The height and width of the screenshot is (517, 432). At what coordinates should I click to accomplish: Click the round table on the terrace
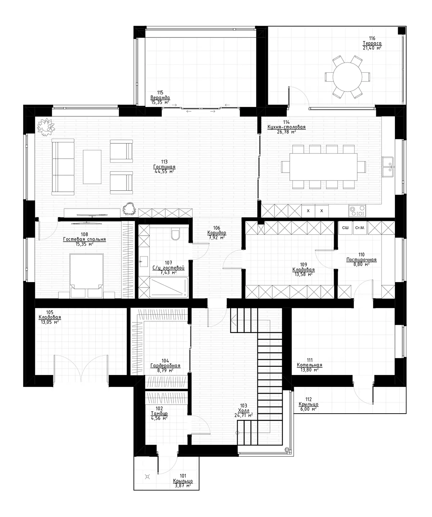pyautogui.click(x=347, y=76)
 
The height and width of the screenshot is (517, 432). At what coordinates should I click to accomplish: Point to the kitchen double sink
pyautogui.click(x=387, y=166)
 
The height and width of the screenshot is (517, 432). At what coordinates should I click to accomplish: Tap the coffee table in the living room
pyautogui.click(x=92, y=166)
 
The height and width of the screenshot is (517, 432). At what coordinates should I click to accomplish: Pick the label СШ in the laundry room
pyautogui.click(x=345, y=228)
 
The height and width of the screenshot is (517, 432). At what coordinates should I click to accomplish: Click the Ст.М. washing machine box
pyautogui.click(x=360, y=228)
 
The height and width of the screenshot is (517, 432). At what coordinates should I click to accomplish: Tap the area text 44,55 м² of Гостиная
pyautogui.click(x=164, y=171)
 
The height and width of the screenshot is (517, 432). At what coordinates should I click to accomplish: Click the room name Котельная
pyautogui.click(x=309, y=365)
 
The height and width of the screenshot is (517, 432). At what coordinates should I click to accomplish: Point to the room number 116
pyautogui.click(x=372, y=38)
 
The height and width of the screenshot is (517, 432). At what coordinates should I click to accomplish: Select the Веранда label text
pyautogui.click(x=160, y=98)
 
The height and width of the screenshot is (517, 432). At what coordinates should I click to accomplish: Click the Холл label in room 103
pyautogui.click(x=243, y=410)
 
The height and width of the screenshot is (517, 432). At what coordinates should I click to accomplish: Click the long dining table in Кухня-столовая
pyautogui.click(x=324, y=167)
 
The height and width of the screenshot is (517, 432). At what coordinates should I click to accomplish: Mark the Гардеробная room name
pyautogui.click(x=165, y=366)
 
